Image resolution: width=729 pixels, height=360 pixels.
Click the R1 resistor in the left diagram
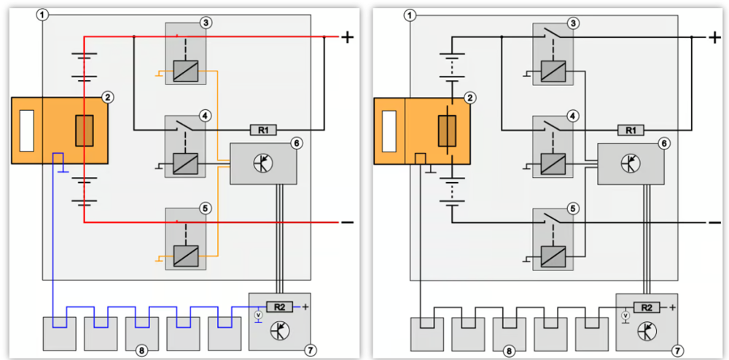tap(264, 130)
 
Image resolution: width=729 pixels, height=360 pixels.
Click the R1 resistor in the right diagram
tap(631, 130)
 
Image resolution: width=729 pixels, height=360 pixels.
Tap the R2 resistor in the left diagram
tap(279, 307)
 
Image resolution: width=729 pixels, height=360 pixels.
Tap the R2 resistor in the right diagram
tap(647, 307)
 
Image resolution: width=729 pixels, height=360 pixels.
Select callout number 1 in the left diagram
tap(42, 15)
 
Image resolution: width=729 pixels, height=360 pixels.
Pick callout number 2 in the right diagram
tap(470, 97)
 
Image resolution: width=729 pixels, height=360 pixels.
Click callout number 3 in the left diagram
tap(204, 23)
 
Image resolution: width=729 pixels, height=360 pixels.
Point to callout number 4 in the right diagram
tap(572, 116)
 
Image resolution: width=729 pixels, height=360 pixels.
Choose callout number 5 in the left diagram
tap(204, 208)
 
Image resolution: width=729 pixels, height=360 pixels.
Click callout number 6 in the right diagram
tap(663, 143)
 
